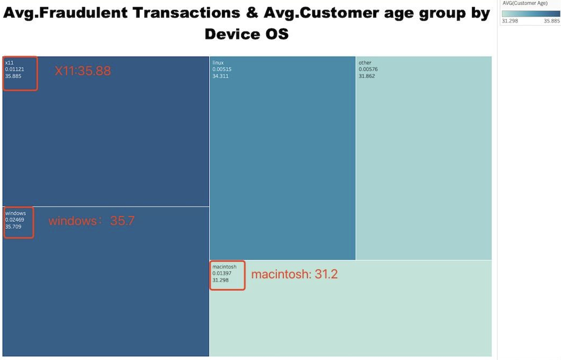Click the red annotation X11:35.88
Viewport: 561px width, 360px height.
click(82, 71)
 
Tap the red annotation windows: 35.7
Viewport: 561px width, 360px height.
click(91, 221)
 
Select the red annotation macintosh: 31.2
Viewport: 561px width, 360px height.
click(294, 274)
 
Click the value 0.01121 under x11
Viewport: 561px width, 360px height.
click(15, 69)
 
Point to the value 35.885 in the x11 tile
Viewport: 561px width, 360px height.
click(13, 76)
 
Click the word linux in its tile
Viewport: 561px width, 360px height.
click(218, 63)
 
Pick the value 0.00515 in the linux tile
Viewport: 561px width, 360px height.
click(222, 69)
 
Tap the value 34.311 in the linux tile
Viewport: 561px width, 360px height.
click(220, 76)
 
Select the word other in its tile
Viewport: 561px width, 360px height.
click(365, 63)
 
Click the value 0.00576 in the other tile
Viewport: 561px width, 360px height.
click(368, 69)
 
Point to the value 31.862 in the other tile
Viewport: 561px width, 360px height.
click(367, 76)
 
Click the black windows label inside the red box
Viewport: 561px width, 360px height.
click(15, 213)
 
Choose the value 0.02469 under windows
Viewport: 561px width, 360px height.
click(15, 219)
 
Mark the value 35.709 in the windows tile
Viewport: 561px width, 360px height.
click(13, 226)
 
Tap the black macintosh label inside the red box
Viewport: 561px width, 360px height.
click(224, 267)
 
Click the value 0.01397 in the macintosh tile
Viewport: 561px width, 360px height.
click(222, 273)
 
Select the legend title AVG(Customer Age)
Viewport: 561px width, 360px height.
click(525, 3)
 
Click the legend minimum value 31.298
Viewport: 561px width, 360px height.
click(510, 21)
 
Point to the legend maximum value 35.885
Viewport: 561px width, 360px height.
click(551, 21)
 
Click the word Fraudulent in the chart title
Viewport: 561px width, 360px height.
click(83, 13)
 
